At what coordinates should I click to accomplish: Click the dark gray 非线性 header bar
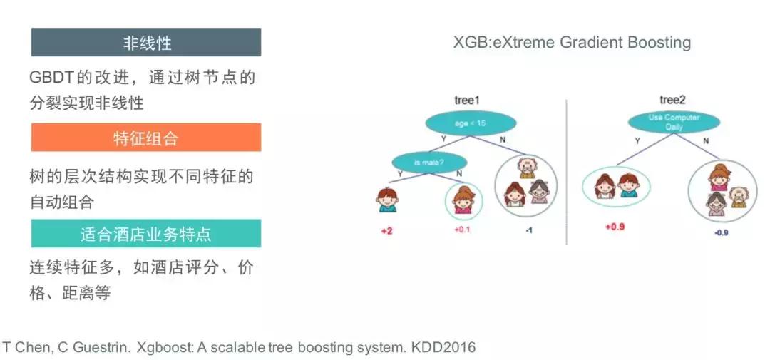(x=146, y=42)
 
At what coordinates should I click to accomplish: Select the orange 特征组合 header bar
(x=146, y=138)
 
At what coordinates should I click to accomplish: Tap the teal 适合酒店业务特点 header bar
(x=146, y=234)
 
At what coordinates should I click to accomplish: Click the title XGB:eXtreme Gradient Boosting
(x=572, y=42)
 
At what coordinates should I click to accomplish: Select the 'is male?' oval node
(x=428, y=163)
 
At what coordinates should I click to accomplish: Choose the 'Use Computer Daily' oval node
(x=673, y=122)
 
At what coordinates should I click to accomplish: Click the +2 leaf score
(x=386, y=232)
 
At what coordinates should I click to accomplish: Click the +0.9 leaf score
(x=615, y=227)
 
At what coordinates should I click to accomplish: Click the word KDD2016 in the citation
(x=445, y=348)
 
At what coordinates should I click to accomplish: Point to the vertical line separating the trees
(x=566, y=171)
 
